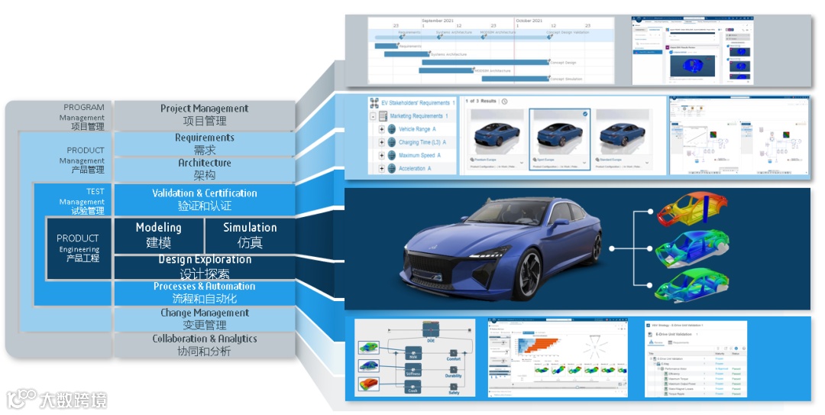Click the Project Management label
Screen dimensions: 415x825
point(204,109)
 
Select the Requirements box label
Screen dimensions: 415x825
point(204,138)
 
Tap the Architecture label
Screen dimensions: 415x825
point(204,164)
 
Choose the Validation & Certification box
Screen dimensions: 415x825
point(204,199)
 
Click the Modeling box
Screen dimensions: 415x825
point(158,235)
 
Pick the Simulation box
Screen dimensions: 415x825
point(250,235)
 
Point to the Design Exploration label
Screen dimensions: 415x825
point(204,260)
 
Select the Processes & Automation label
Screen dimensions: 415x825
point(204,287)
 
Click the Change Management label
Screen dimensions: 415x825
point(204,313)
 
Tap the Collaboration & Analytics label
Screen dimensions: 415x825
point(204,339)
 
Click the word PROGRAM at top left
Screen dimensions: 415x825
point(83,108)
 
